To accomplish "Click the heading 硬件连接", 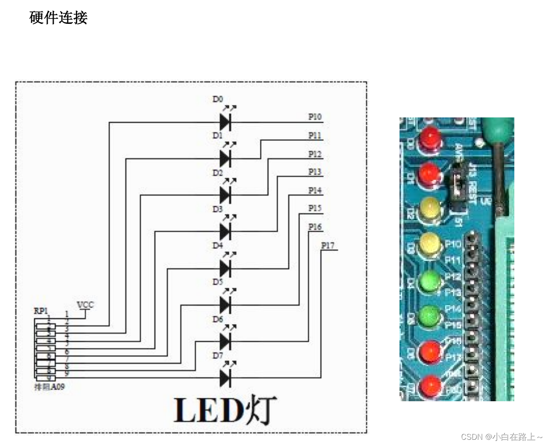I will [58, 18].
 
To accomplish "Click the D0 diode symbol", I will [225, 122].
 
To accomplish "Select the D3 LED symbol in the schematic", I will [225, 231].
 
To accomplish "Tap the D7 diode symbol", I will [225, 378].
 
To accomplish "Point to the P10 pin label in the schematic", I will [315, 117].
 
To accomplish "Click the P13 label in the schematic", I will [315, 172].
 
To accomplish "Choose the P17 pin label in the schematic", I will [328, 245].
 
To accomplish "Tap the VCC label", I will [85, 305].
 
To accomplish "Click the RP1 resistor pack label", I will [41, 311].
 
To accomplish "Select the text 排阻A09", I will [49, 387].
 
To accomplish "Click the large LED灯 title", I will [225, 410].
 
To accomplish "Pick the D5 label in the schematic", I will [218, 282].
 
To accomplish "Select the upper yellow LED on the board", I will [429, 208].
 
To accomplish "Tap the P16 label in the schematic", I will [315, 227].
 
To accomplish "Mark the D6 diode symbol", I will [225, 342].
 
